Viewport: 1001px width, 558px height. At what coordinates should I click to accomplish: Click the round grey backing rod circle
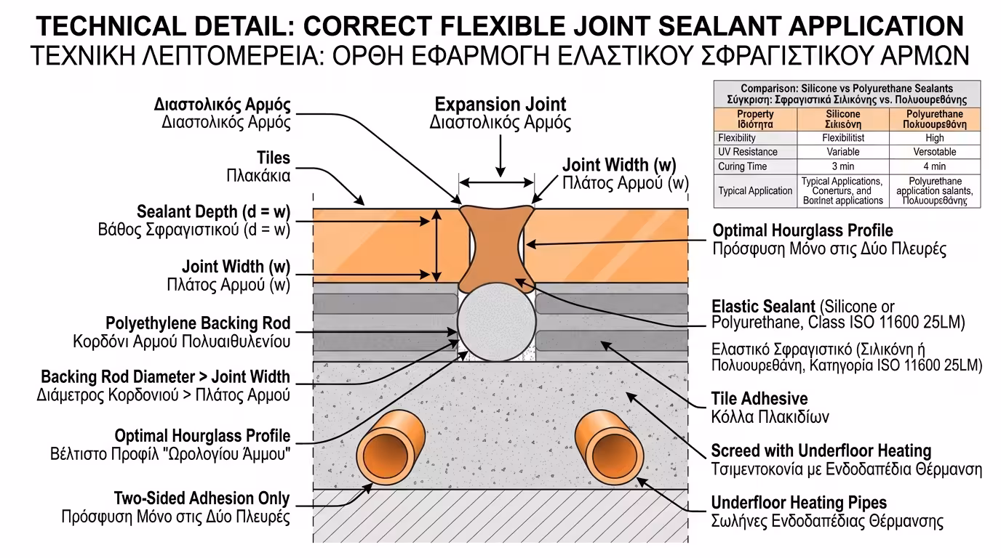(496, 322)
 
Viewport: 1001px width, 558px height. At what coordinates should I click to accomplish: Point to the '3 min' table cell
(843, 166)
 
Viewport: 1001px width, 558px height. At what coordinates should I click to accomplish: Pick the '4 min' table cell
(935, 166)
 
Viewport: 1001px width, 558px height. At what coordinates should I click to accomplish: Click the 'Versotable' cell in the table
(935, 152)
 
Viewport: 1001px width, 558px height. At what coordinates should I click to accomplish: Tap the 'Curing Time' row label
(742, 166)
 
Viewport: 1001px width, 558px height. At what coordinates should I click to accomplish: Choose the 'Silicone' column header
(843, 119)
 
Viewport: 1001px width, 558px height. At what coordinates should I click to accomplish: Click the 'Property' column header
(755, 119)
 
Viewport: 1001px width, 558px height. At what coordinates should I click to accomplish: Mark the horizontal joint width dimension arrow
(496, 182)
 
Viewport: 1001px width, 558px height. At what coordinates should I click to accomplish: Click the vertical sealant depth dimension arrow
(437, 246)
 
